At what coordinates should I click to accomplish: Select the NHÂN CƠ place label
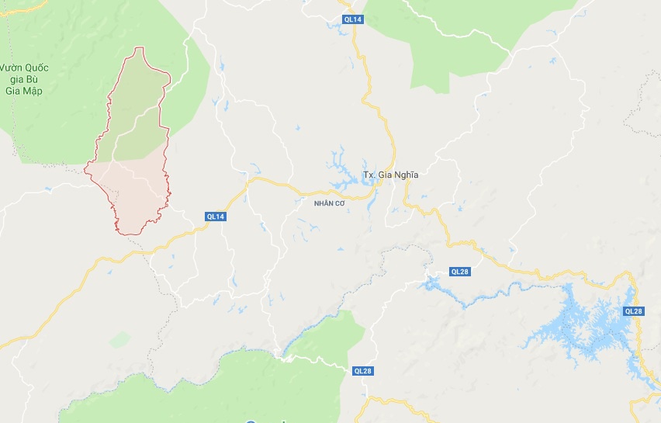pos(328,203)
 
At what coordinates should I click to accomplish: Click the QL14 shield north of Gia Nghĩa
pos(352,19)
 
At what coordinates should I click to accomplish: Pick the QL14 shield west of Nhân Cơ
pos(216,217)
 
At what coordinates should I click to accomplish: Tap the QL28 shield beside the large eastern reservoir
pos(633,311)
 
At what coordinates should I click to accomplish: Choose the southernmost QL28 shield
pos(362,371)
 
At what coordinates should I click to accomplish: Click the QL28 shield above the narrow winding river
pos(460,272)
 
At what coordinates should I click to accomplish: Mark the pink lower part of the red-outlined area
pos(132,194)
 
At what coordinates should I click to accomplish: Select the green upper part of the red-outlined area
pos(136,109)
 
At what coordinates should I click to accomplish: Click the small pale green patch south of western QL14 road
pos(119,339)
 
